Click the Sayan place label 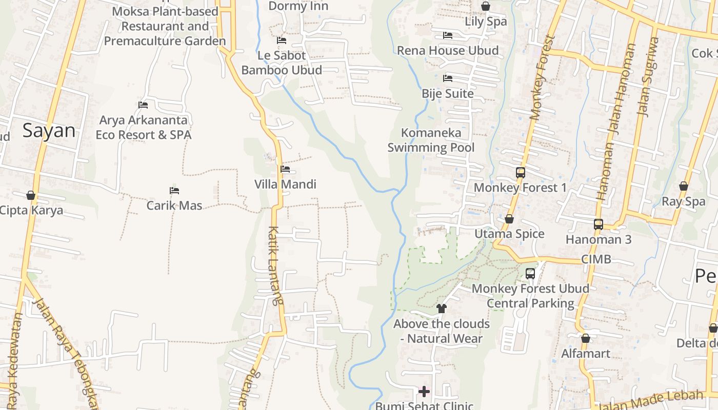pyautogui.click(x=49, y=131)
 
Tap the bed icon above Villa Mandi pyautogui.click(x=285, y=169)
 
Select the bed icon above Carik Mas pyautogui.click(x=174, y=191)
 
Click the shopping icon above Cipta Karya pyautogui.click(x=31, y=195)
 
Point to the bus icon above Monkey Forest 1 pyautogui.click(x=520, y=172)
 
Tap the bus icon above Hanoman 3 pyautogui.click(x=598, y=224)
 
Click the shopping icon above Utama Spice pyautogui.click(x=509, y=219)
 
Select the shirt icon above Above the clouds pyautogui.click(x=442, y=309)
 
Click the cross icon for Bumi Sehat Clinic pyautogui.click(x=424, y=392)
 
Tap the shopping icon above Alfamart pyautogui.click(x=586, y=338)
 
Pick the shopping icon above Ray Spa pyautogui.click(x=683, y=186)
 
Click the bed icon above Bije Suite pyautogui.click(x=448, y=78)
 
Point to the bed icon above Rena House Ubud pyautogui.click(x=448, y=35)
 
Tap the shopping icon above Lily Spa pyautogui.click(x=485, y=6)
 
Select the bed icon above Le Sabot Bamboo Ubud pyautogui.click(x=281, y=40)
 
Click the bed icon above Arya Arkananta pyautogui.click(x=143, y=105)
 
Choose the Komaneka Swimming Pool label pyautogui.click(x=431, y=140)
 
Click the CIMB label pyautogui.click(x=596, y=259)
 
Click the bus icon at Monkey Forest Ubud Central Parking pyautogui.click(x=530, y=274)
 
